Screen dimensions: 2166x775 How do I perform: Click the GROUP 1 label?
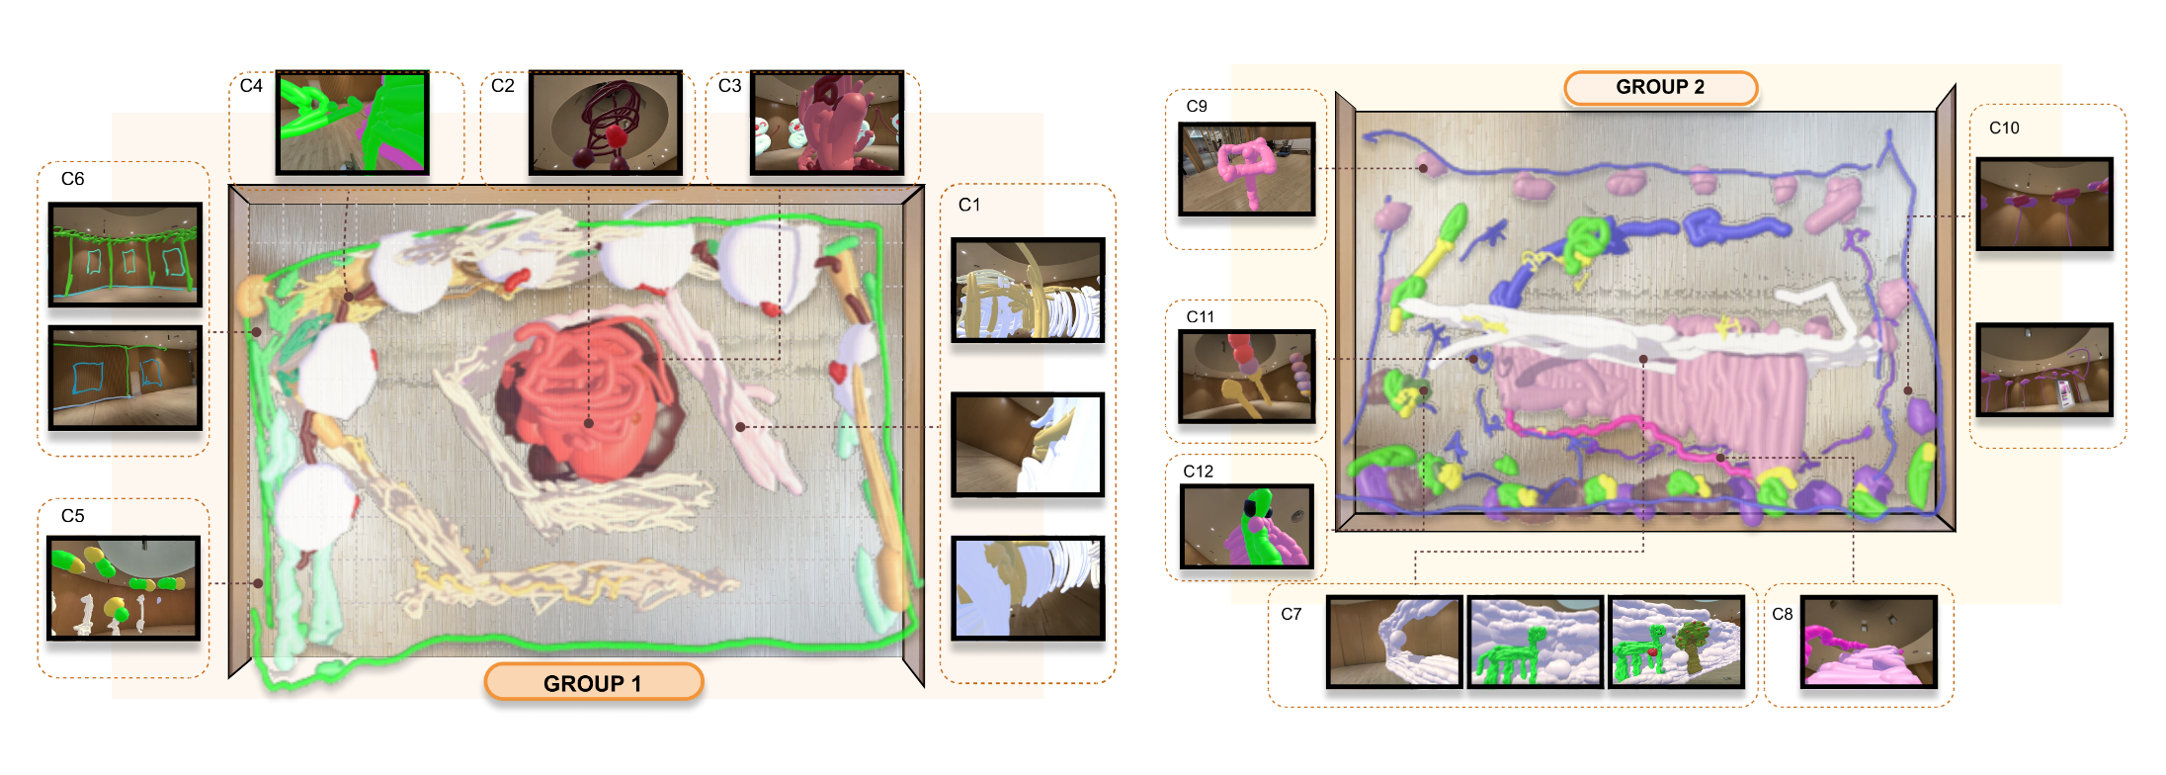(x=593, y=683)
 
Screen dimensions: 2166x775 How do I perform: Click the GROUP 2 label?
(x=1660, y=87)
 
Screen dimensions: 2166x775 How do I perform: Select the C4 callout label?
(x=251, y=86)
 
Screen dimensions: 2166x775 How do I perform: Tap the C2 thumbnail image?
(x=606, y=123)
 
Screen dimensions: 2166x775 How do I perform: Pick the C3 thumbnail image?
(x=827, y=123)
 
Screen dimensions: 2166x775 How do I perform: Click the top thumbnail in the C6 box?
(x=125, y=254)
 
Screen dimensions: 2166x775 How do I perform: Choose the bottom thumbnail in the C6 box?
(x=125, y=378)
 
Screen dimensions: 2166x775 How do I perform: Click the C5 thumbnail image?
(x=124, y=588)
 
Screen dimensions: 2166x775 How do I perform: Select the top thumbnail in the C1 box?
(x=1028, y=290)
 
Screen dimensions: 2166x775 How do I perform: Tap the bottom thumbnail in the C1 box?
(x=1028, y=588)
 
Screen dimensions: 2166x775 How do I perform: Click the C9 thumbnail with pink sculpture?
(x=1247, y=169)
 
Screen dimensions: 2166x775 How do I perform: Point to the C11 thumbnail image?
(x=1247, y=377)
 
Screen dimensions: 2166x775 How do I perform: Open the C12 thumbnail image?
(x=1247, y=527)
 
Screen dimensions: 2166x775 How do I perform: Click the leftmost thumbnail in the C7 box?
(x=1394, y=642)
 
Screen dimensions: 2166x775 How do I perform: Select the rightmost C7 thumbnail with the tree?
(x=1677, y=642)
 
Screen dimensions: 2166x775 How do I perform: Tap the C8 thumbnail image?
(x=1869, y=642)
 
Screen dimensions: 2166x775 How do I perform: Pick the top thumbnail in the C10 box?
(x=2044, y=204)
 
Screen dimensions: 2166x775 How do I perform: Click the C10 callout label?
(x=2004, y=128)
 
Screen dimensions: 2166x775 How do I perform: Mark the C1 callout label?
(x=969, y=205)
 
